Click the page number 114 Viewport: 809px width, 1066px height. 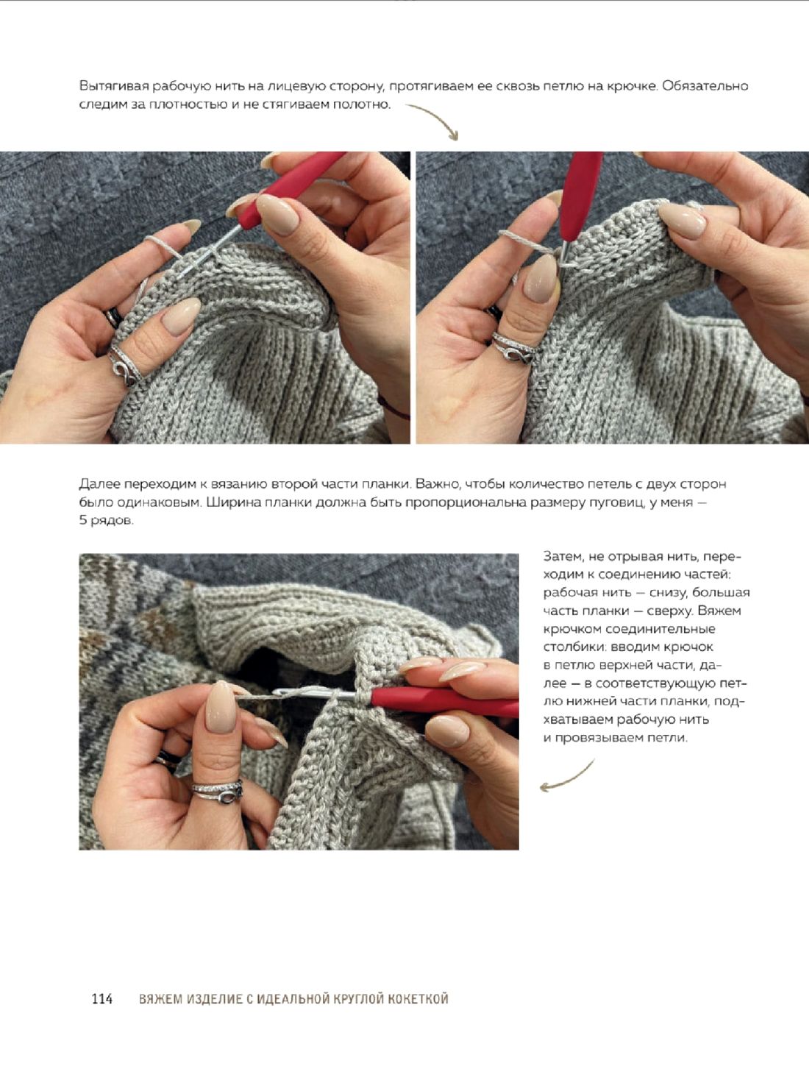102,998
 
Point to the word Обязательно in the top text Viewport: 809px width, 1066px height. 705,86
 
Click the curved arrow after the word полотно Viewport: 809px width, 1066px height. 436,119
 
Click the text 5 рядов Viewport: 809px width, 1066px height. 106,521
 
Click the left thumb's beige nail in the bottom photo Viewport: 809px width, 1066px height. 221,706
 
